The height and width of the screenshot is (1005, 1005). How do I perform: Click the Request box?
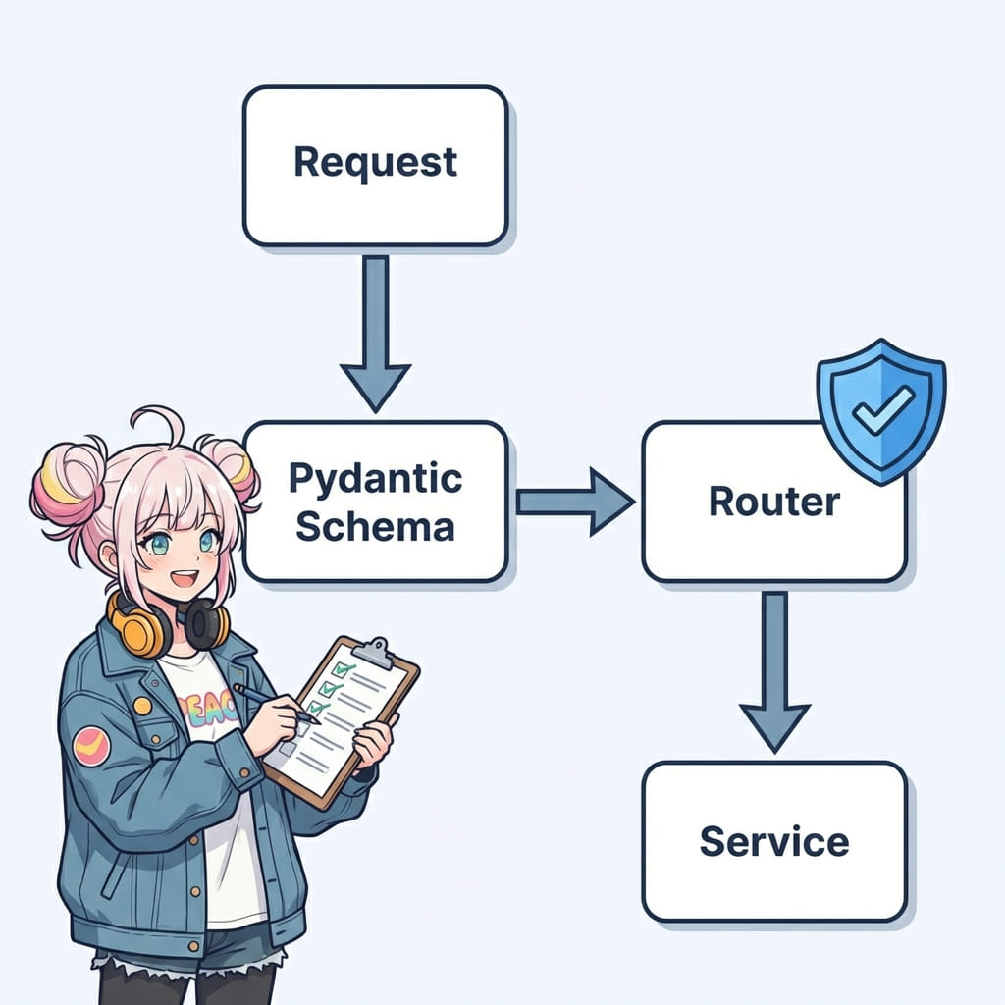(x=375, y=165)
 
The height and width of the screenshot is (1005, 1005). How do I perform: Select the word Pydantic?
(x=375, y=479)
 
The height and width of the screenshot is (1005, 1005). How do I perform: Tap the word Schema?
(x=375, y=526)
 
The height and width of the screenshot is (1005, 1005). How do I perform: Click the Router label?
(x=773, y=502)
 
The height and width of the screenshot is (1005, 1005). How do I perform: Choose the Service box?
(x=773, y=841)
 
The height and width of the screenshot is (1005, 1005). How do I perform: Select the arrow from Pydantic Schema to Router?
(x=575, y=502)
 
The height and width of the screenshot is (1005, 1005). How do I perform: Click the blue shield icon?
(x=880, y=409)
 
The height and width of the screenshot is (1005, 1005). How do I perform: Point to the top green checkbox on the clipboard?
(x=343, y=669)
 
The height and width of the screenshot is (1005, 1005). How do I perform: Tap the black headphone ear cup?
(x=208, y=624)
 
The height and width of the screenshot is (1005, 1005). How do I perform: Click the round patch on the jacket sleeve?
(x=91, y=745)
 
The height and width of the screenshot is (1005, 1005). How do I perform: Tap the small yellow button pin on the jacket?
(x=143, y=705)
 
